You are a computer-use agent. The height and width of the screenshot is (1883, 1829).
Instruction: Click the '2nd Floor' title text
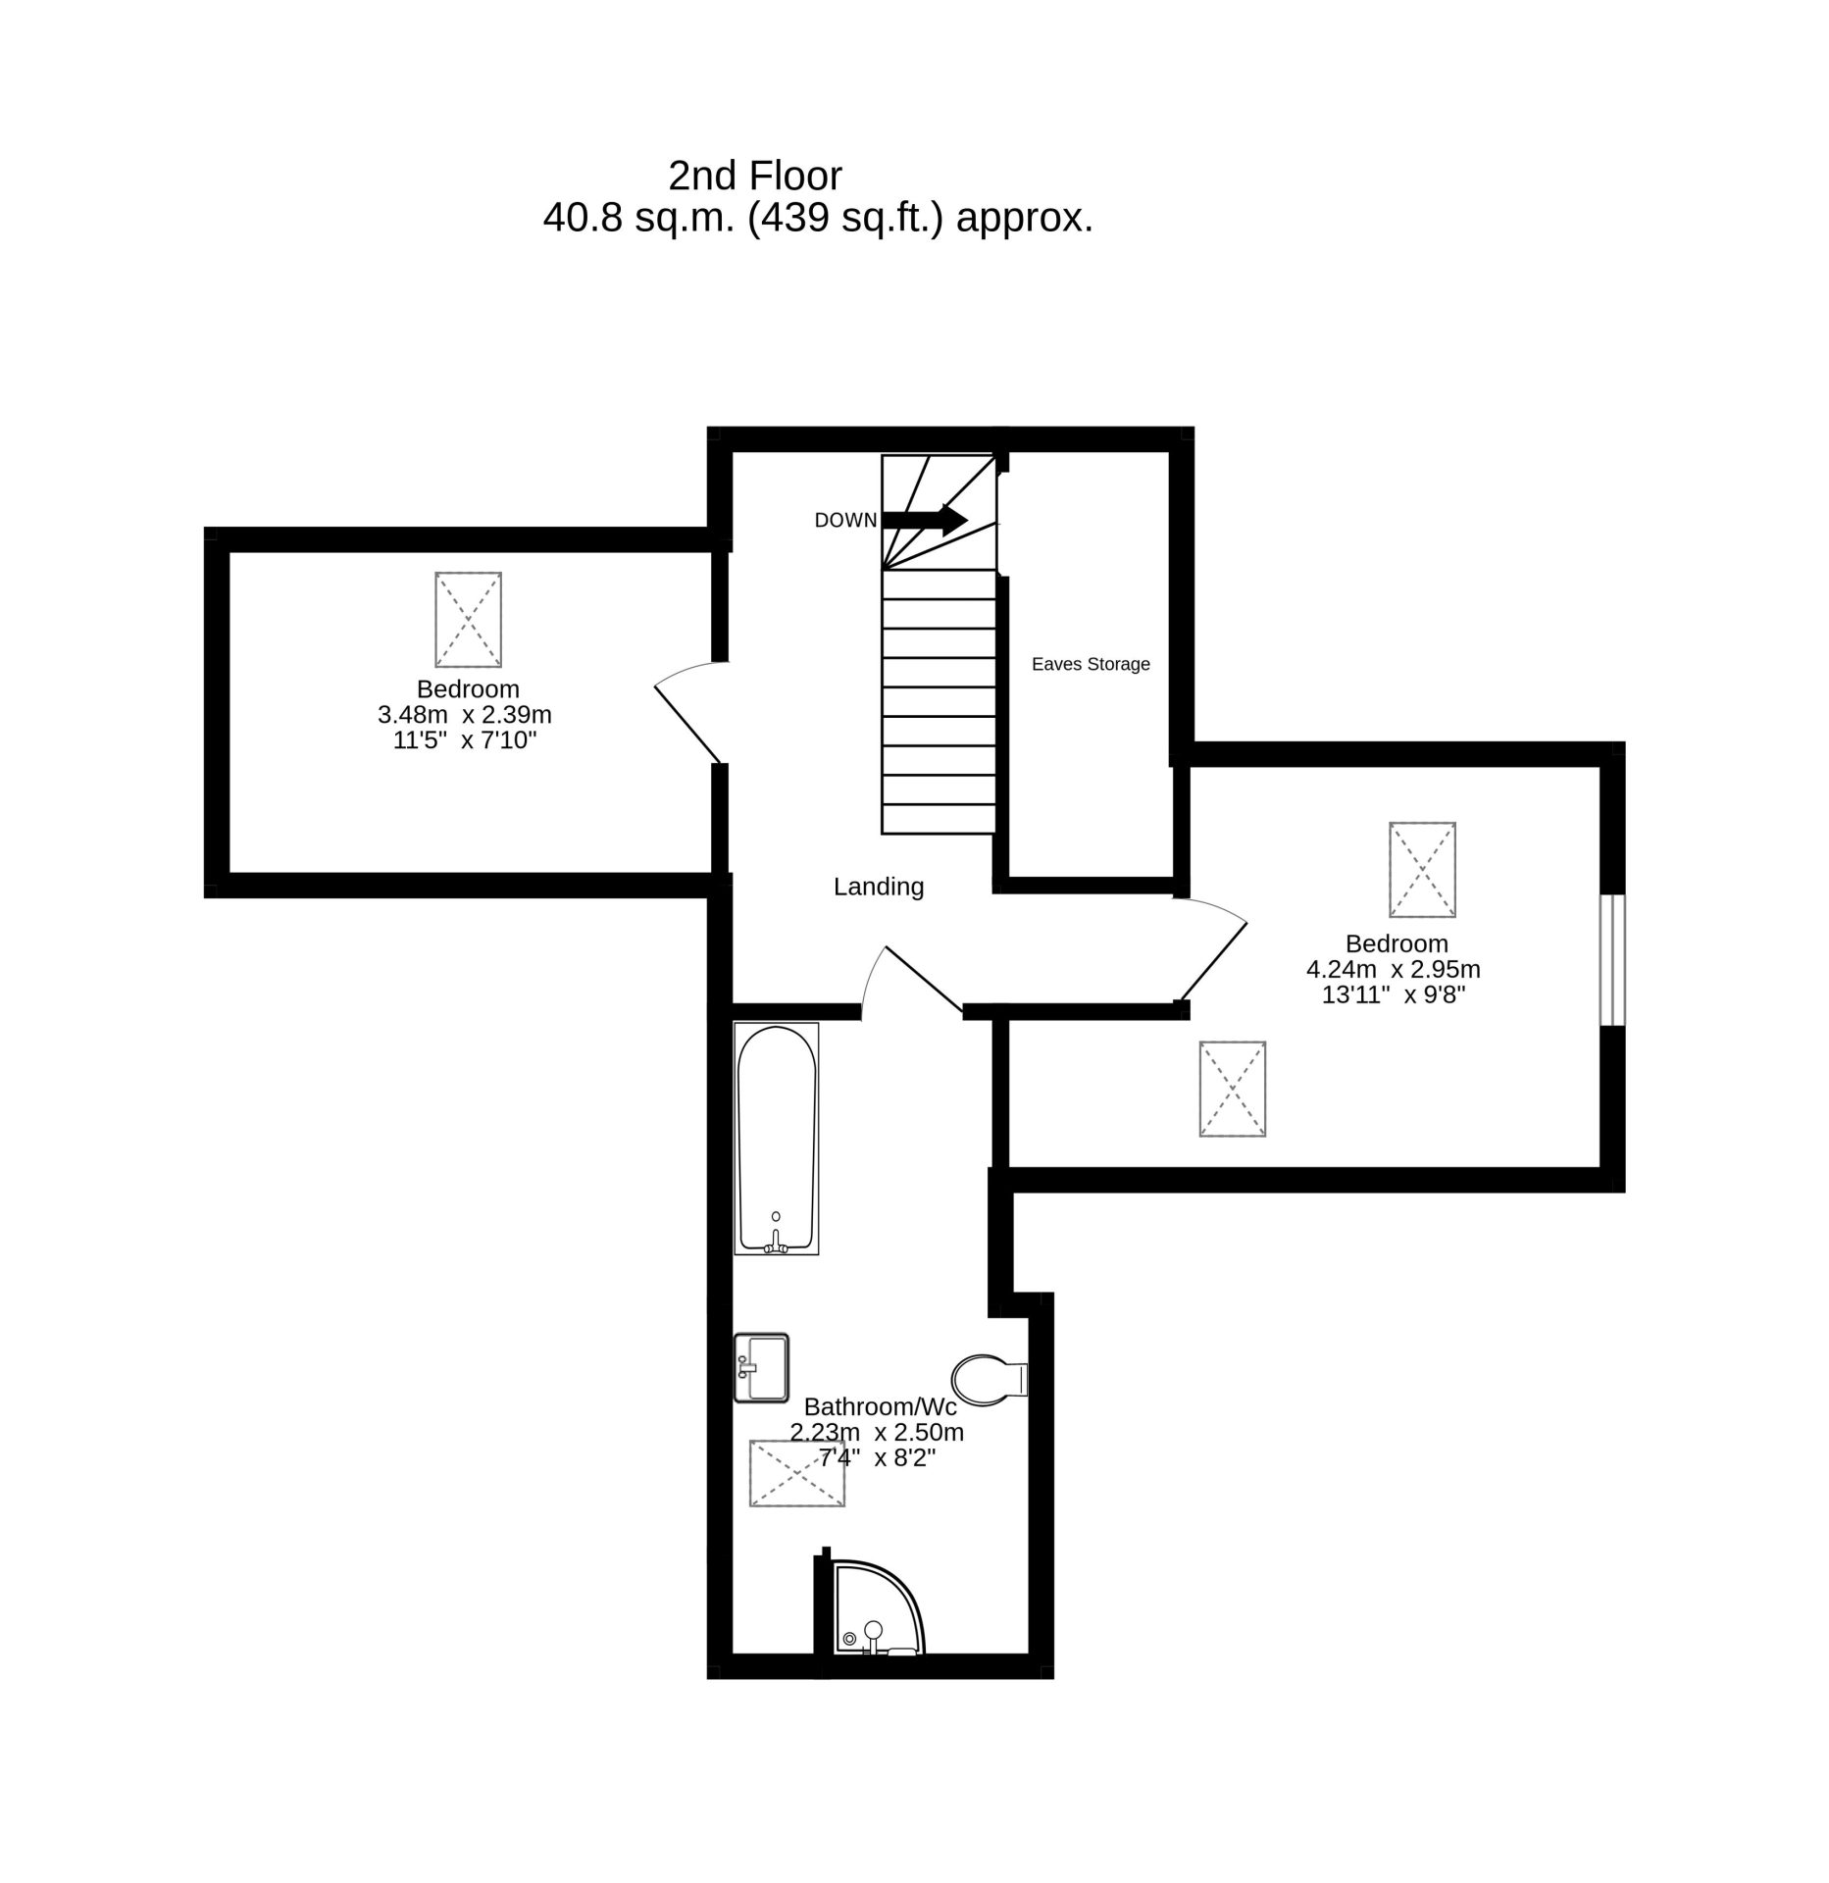(x=755, y=176)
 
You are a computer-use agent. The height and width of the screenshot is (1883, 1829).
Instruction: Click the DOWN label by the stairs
(x=845, y=521)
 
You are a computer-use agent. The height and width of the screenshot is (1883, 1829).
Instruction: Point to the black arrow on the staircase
(x=925, y=520)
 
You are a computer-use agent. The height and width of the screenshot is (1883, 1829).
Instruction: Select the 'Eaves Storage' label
(x=1091, y=664)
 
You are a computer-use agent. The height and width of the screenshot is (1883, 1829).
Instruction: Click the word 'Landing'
(x=879, y=887)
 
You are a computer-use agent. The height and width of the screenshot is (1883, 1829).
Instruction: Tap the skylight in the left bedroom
(x=468, y=620)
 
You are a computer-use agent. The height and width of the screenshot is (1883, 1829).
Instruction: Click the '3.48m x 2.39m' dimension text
(x=465, y=715)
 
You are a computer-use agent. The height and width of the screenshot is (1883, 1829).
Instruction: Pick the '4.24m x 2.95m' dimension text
(x=1393, y=969)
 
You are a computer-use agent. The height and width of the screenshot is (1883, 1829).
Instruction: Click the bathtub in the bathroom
(x=776, y=1139)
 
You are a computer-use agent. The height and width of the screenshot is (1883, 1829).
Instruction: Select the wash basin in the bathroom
(x=761, y=1367)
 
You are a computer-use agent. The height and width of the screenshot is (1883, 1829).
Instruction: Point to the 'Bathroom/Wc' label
(x=880, y=1406)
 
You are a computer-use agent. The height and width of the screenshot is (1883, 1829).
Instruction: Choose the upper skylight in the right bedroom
(x=1422, y=870)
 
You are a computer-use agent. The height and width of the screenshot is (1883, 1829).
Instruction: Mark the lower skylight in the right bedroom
(x=1232, y=1089)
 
